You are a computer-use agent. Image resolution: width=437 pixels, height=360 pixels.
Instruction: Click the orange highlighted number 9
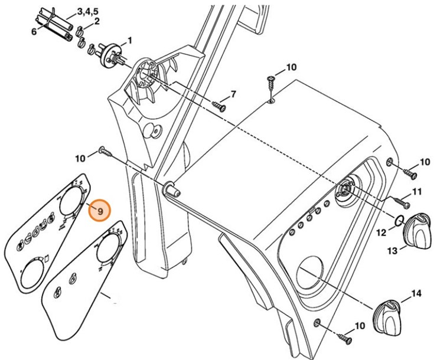[x=99, y=210]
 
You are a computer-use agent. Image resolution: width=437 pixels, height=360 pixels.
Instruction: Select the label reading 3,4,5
[x=89, y=11]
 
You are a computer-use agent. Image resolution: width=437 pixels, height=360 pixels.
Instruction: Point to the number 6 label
[x=34, y=31]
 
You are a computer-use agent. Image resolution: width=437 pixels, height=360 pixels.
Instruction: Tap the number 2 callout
[x=96, y=22]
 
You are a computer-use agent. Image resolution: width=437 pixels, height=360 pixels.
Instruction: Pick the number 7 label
[x=233, y=94]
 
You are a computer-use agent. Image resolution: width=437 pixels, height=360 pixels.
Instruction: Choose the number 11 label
[x=417, y=192]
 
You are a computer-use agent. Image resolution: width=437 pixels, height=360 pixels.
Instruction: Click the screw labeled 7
[x=220, y=107]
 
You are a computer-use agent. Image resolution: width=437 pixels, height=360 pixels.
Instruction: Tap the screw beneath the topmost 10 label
[x=272, y=85]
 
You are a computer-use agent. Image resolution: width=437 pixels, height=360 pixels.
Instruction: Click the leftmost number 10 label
[x=81, y=158]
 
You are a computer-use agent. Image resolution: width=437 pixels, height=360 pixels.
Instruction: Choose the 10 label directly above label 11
[x=425, y=162]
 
